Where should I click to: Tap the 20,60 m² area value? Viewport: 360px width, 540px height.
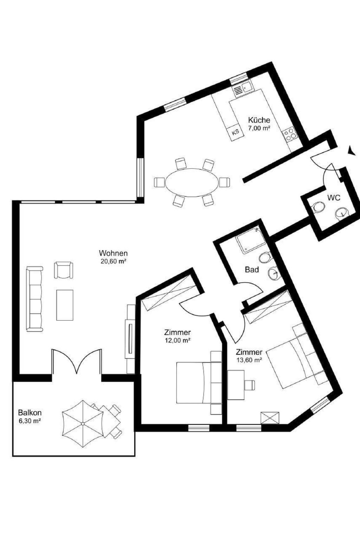[x=113, y=262]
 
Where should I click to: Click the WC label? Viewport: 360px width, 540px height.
[x=334, y=198]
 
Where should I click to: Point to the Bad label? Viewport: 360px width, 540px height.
[x=252, y=270]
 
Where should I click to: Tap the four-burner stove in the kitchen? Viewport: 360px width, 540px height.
[x=290, y=134]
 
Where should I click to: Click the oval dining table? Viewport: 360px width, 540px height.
[x=192, y=181]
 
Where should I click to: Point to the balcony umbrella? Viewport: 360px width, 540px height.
[x=83, y=423]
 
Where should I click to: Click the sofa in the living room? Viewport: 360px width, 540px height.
[x=34, y=299]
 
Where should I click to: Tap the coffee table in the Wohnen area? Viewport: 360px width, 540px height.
[x=65, y=305]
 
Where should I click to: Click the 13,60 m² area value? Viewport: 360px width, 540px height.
[x=249, y=360]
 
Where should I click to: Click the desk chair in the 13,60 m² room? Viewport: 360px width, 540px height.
[x=250, y=385]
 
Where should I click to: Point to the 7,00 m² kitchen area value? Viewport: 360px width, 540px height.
[x=259, y=128]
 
